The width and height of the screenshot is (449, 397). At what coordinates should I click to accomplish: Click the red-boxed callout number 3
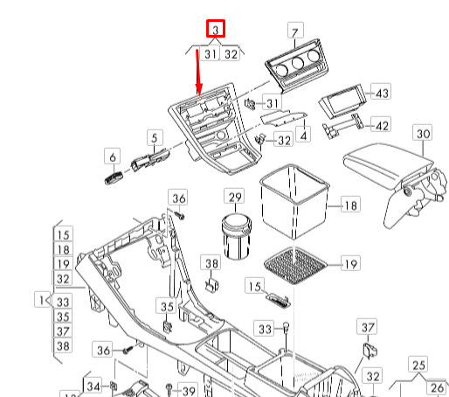click(216, 29)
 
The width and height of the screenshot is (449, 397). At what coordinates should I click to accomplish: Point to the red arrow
click(198, 73)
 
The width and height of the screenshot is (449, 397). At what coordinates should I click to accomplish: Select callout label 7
click(295, 31)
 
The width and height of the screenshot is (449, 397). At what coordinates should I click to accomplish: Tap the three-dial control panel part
click(296, 66)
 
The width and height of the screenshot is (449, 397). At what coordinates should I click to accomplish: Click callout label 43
click(381, 92)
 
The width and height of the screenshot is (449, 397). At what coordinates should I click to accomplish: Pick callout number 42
click(381, 124)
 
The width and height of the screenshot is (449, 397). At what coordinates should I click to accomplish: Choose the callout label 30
click(423, 133)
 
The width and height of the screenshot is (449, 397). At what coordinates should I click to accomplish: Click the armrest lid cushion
click(388, 164)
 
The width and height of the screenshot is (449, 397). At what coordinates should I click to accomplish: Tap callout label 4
click(303, 135)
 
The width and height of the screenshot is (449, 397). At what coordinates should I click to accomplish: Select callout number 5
click(155, 137)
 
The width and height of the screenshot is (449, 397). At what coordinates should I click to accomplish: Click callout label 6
click(113, 156)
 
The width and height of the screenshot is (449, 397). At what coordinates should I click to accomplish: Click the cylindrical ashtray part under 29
click(237, 236)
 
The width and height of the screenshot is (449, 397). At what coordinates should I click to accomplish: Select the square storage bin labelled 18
click(294, 201)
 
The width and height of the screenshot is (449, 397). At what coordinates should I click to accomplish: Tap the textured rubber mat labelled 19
click(295, 266)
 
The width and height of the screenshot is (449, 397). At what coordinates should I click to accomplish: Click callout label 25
click(418, 364)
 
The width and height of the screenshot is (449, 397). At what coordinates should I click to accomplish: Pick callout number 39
click(188, 390)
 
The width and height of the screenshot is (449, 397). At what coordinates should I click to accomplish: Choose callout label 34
click(93, 386)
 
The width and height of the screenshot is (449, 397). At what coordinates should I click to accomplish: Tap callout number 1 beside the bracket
click(41, 299)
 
